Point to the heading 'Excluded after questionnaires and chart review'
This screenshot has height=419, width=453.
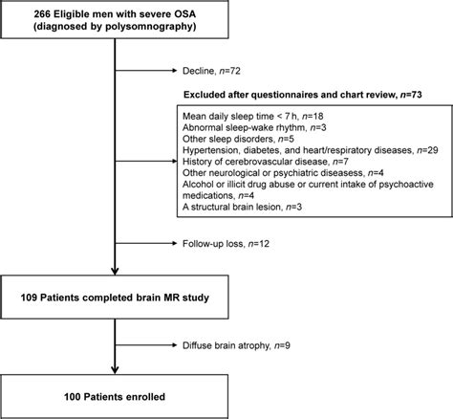pyautogui.click(x=304, y=96)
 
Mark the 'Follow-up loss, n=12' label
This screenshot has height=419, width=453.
pyautogui.click(x=218, y=244)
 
